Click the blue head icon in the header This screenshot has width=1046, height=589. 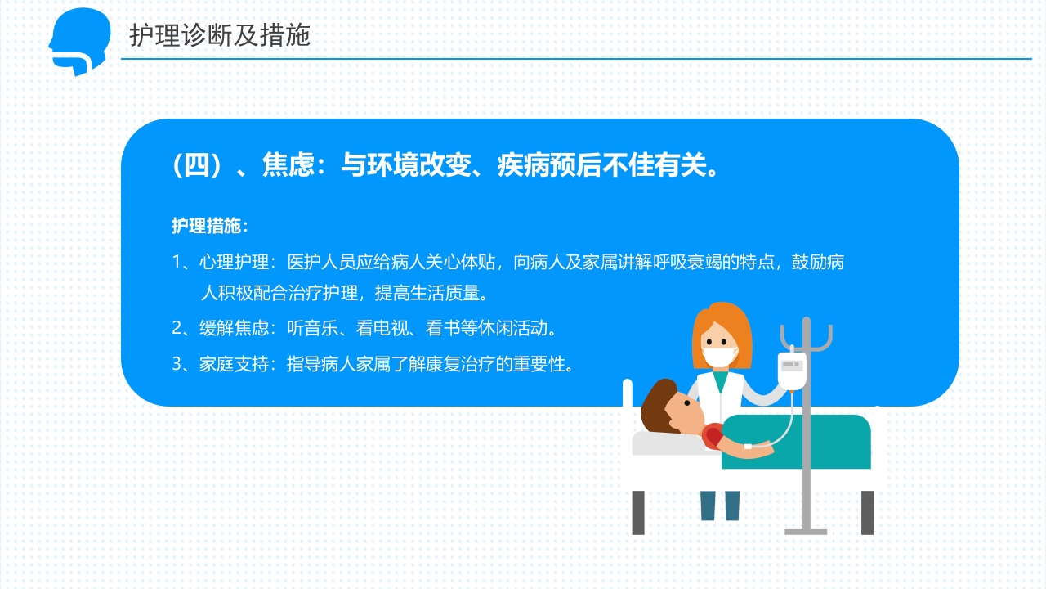tap(78, 41)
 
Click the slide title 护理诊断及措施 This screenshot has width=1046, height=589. tap(220, 35)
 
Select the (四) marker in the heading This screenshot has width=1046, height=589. tap(197, 166)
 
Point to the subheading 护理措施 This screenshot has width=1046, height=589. tap(208, 226)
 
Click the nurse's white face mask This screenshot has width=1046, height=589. tap(721, 357)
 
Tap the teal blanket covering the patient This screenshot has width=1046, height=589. tap(809, 442)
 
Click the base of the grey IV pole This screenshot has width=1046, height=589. tap(806, 531)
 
